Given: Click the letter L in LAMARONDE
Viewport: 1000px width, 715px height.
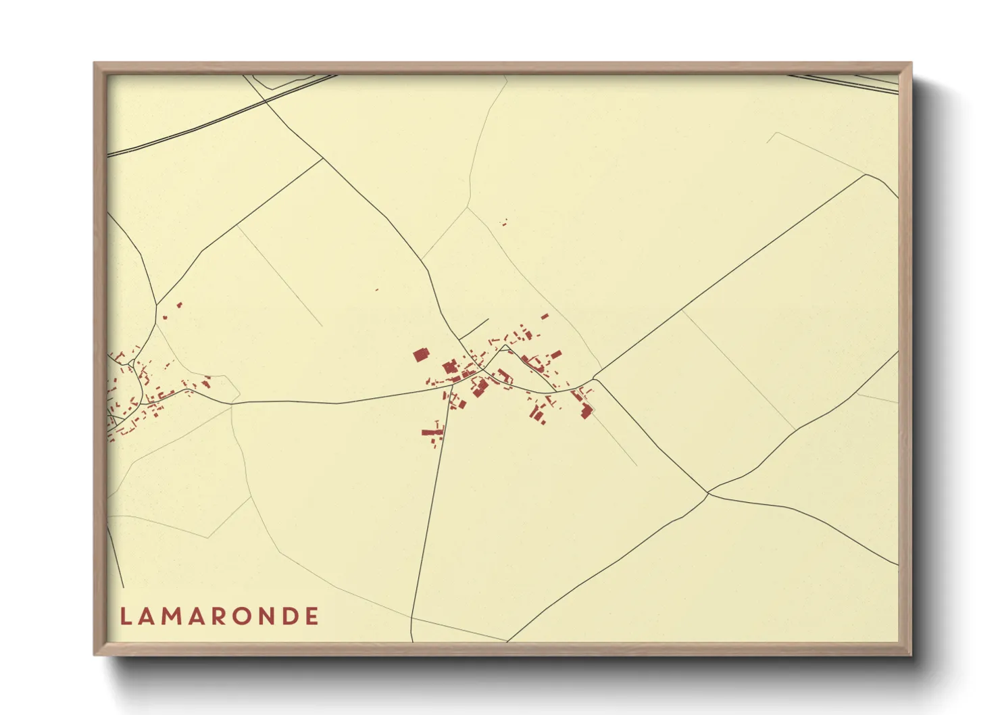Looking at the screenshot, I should point(126,616).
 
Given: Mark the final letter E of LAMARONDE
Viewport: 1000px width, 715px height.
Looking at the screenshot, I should point(312,616).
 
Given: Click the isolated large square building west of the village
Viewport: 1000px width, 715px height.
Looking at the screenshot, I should point(421,355).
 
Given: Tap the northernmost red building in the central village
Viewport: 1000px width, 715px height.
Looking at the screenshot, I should point(545,316).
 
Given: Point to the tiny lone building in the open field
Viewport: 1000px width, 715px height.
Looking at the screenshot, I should point(376,290).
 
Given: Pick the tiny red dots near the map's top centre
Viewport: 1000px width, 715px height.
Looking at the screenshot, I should point(503,222).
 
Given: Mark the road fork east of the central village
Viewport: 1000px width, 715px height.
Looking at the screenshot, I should point(594,378).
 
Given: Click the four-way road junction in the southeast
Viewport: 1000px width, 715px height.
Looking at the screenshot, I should point(708,493).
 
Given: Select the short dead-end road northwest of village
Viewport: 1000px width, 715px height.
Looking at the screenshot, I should point(474,328).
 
